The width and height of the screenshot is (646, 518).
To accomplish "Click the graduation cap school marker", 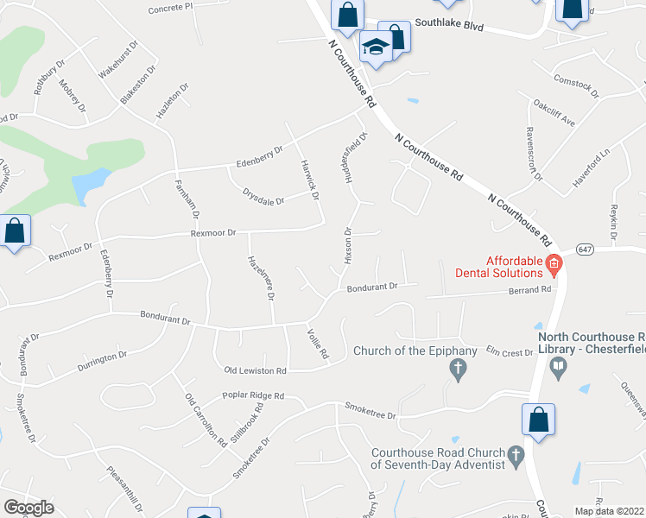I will (376, 49).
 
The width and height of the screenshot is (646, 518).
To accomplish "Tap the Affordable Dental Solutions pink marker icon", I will (554, 263).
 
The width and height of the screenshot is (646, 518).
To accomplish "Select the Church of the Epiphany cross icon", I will (459, 370).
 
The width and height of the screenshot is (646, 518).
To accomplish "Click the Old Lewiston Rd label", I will (255, 370).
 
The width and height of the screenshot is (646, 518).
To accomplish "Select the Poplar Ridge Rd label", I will (253, 396).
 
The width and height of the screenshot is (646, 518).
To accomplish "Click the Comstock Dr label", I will (576, 85).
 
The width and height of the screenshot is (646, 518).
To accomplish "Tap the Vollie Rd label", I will (318, 344).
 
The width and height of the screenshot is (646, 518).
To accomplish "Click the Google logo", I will (28, 508).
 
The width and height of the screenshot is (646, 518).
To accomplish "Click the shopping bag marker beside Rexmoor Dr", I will (15, 232).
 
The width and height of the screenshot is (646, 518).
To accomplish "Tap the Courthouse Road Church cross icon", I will (516, 457).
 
